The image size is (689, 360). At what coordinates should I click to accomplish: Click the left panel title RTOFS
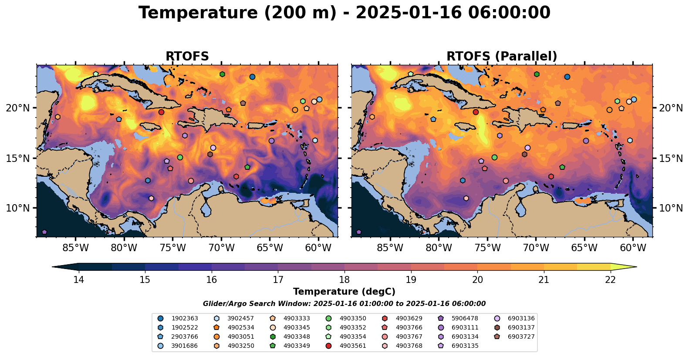(x=187, y=57)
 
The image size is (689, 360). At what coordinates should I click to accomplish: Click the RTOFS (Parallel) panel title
(x=502, y=57)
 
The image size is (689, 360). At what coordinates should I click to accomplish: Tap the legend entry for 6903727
(x=521, y=337)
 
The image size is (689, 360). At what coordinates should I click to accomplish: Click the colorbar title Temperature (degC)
(x=344, y=292)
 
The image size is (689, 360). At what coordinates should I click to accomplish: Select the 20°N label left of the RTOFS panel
(x=18, y=108)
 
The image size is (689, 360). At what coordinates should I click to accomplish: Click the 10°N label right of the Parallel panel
(x=671, y=208)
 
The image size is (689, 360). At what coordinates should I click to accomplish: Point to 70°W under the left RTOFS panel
(x=221, y=248)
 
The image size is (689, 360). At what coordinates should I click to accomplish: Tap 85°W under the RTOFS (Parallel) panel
(x=390, y=248)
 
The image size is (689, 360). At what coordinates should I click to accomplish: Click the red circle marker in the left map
(x=161, y=112)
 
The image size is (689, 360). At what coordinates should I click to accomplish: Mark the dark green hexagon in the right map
(x=537, y=74)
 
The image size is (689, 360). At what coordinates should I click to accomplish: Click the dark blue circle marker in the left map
(x=252, y=77)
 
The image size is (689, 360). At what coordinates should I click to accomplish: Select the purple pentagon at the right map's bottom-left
(x=358, y=232)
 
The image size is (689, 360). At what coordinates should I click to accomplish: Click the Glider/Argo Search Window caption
(x=344, y=304)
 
